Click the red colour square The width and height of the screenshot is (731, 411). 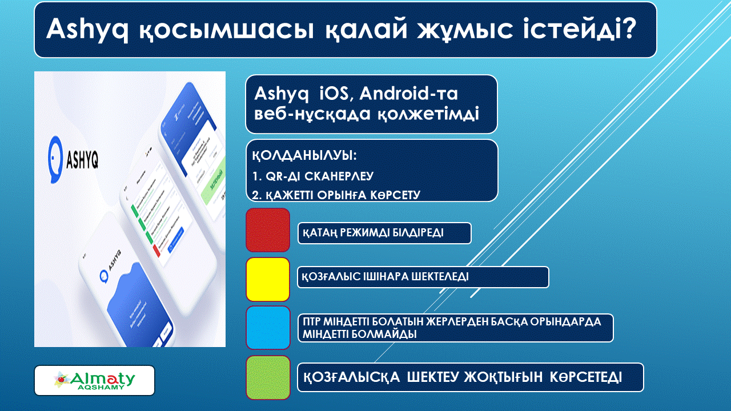[x=268, y=230]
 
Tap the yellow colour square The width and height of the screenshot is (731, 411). [x=268, y=279]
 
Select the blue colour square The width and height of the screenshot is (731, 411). [x=268, y=328]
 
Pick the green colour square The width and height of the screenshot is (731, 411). [x=268, y=377]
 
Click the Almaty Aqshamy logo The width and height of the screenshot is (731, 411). [x=95, y=380]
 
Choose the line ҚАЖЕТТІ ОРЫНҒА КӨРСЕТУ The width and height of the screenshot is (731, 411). [x=336, y=195]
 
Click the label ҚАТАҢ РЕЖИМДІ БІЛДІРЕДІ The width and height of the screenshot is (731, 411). [x=373, y=233]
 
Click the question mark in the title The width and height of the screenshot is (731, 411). [x=627, y=29]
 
